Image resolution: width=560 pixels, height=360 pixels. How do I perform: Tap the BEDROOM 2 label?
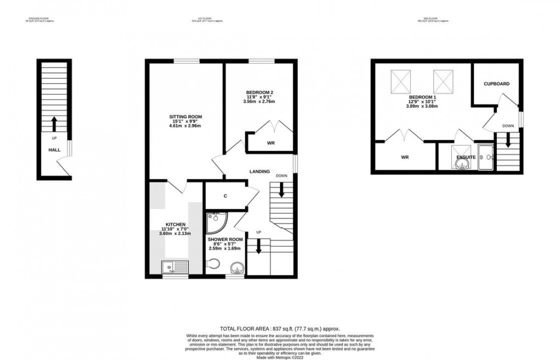[257, 92]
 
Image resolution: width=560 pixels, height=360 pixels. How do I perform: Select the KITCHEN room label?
[173, 224]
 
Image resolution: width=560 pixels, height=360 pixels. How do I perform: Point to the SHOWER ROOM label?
[224, 239]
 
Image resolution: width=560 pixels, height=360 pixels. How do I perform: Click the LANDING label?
[259, 172]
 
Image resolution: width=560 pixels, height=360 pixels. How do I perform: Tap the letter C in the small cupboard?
[226, 195]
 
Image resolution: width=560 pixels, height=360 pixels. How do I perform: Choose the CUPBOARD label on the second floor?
[496, 84]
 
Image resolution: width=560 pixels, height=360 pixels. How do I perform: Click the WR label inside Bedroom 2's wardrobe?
[271, 143]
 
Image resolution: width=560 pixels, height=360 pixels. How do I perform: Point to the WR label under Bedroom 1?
[405, 157]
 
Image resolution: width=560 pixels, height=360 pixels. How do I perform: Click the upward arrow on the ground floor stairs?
[54, 122]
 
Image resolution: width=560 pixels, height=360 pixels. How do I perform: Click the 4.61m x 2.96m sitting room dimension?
[186, 126]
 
